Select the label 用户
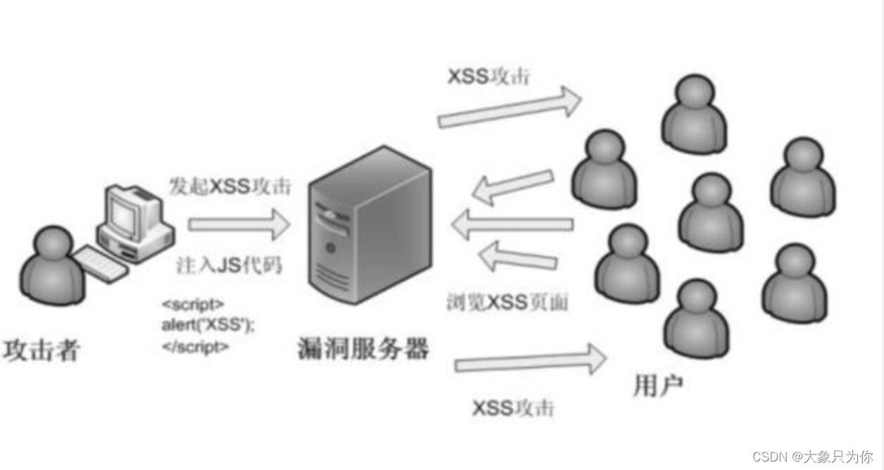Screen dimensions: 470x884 tap(658, 385)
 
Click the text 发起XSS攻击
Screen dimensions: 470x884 tap(230, 186)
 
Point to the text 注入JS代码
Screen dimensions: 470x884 tap(229, 266)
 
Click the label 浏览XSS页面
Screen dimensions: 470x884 tap(507, 302)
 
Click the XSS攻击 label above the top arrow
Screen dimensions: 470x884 tap(488, 77)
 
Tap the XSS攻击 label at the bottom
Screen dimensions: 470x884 tap(513, 408)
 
